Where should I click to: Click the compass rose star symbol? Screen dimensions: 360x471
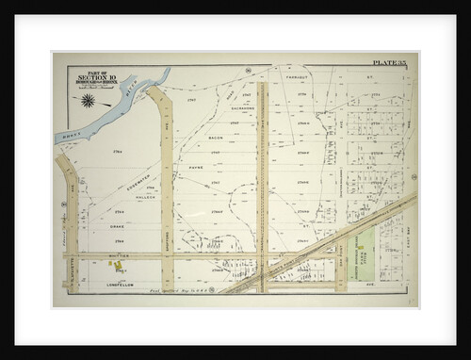88,100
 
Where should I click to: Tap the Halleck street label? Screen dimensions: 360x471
143,197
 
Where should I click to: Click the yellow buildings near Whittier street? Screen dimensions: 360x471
118,267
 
